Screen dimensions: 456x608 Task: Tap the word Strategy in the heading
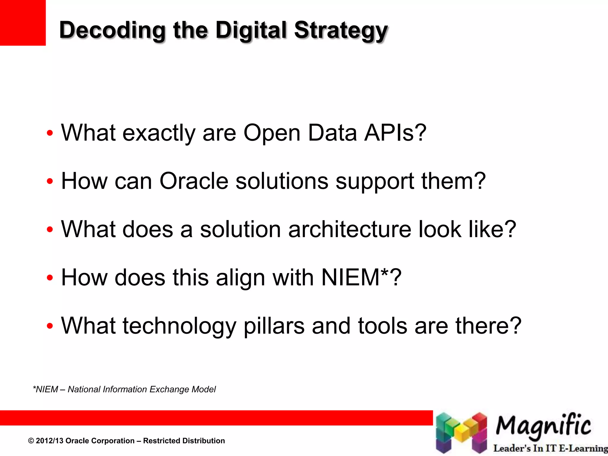pyautogui.click(x=341, y=30)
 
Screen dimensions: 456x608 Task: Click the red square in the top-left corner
pyautogui.click(x=23, y=23)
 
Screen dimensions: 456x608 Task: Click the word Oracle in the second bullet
pyautogui.click(x=194, y=181)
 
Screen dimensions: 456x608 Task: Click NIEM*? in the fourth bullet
pyautogui.click(x=361, y=278)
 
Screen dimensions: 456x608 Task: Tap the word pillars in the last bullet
pyautogui.click(x=274, y=326)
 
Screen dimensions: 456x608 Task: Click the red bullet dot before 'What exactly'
pyautogui.click(x=50, y=133)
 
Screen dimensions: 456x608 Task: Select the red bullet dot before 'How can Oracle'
pyautogui.click(x=50, y=181)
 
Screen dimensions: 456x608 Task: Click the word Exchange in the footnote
pyautogui.click(x=170, y=389)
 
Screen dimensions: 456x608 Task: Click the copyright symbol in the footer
pyautogui.click(x=31, y=441)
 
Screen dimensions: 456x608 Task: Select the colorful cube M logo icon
pyautogui.click(x=461, y=433)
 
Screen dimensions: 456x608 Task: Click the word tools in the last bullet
pyautogui.click(x=382, y=326)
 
